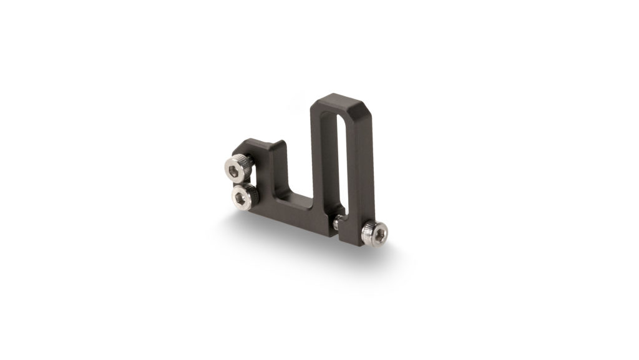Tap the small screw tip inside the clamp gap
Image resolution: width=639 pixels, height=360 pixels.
337,221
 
